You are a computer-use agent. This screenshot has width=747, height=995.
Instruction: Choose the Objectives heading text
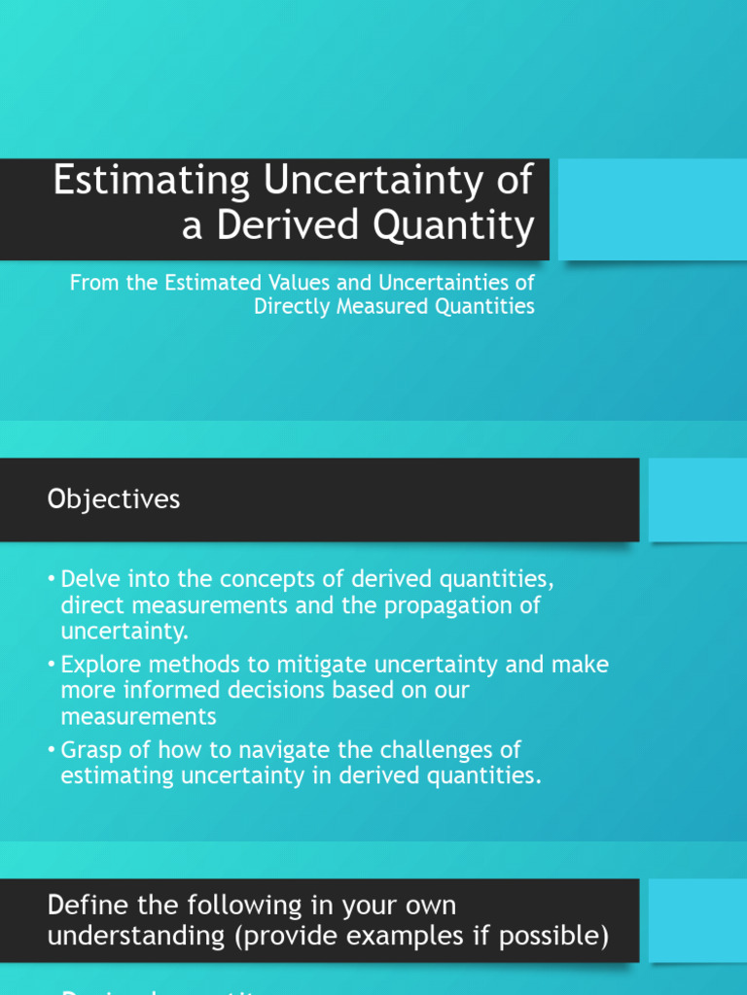[114, 499]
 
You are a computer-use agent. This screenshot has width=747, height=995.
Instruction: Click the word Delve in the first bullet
[88, 580]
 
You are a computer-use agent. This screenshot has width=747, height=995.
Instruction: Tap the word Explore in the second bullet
[99, 665]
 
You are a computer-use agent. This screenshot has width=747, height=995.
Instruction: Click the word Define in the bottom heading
[80, 905]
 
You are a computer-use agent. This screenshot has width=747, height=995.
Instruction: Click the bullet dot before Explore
[52, 666]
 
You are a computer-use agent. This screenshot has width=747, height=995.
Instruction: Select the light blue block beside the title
[652, 209]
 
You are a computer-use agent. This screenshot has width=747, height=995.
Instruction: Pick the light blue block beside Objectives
[697, 499]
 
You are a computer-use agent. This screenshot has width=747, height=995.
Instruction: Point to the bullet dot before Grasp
[52, 751]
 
